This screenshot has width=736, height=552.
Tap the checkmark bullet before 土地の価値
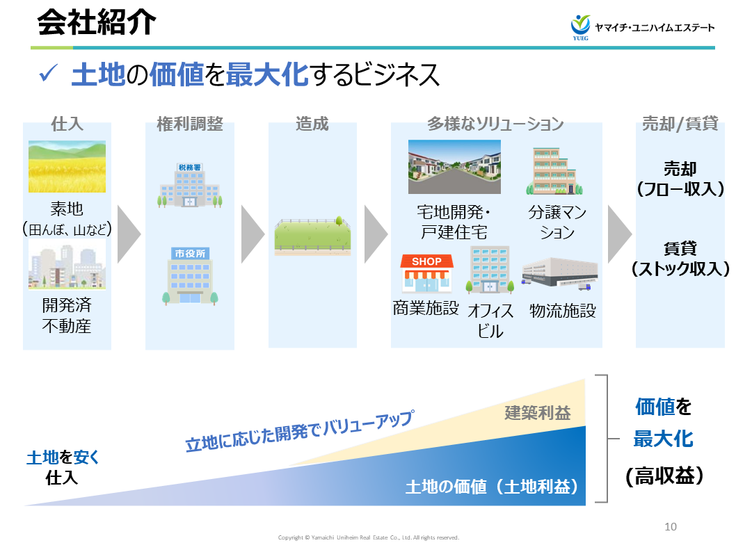pyautogui.click(x=49, y=73)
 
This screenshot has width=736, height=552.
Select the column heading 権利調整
pyautogui.click(x=189, y=124)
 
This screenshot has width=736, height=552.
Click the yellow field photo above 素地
pyautogui.click(x=67, y=167)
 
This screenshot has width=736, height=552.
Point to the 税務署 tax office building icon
pyautogui.click(x=189, y=186)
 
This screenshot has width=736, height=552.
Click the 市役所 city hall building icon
pyautogui.click(x=189, y=275)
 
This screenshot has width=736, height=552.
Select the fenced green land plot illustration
pyautogui.click(x=312, y=236)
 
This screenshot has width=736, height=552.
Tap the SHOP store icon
pyautogui.click(x=426, y=273)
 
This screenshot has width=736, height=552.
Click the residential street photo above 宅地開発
pyautogui.click(x=454, y=167)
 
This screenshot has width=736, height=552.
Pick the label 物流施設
pyautogui.click(x=563, y=310)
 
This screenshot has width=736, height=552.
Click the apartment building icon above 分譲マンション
pyautogui.click(x=554, y=171)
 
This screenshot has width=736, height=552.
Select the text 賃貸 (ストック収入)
pyautogui.click(x=680, y=259)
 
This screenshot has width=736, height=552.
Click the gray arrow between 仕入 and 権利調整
pyautogui.click(x=128, y=234)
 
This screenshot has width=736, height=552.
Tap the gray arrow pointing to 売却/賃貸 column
pyautogui.click(x=618, y=234)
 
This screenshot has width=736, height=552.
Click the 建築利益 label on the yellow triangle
pyautogui.click(x=538, y=413)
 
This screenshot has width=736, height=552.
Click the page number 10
pyautogui.click(x=671, y=526)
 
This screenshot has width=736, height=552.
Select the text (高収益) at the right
pyautogui.click(x=664, y=476)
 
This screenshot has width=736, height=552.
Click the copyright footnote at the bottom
pyautogui.click(x=368, y=537)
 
